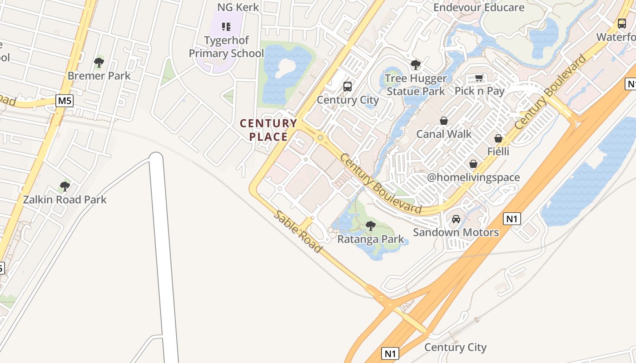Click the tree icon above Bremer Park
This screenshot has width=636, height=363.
point(99,63)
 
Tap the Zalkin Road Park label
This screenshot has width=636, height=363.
point(65,200)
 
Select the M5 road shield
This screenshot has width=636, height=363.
point(65,101)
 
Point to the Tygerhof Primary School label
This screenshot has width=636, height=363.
point(226,47)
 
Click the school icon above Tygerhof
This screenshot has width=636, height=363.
point(226,27)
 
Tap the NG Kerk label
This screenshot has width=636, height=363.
point(238,7)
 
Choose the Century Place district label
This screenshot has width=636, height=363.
point(268,130)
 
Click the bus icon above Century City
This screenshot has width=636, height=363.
point(348,86)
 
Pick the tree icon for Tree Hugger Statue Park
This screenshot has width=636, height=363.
point(415,65)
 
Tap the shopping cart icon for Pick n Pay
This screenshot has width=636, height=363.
point(479,78)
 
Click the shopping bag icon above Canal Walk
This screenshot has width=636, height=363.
point(444,121)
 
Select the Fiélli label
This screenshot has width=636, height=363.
point(498,151)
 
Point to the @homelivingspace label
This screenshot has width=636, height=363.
point(473,177)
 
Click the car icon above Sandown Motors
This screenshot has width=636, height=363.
point(456,219)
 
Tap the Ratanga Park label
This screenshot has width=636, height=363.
point(371,239)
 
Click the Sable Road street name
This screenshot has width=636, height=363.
point(298,232)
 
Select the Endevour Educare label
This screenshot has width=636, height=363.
point(479,7)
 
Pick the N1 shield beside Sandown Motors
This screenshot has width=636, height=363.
point(512,219)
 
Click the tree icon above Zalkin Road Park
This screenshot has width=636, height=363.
point(65,186)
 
